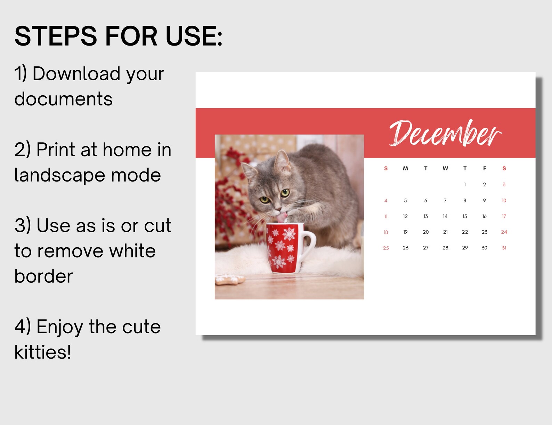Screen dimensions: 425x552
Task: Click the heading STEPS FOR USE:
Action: click(118, 36)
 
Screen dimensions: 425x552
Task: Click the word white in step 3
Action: click(132, 251)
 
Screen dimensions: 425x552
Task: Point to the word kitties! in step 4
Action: click(42, 352)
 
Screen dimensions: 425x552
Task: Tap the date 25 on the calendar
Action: click(386, 248)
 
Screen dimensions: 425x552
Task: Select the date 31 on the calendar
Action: click(504, 248)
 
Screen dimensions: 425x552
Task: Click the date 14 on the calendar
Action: click(445, 216)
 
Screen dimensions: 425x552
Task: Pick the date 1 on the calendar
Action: click(465, 185)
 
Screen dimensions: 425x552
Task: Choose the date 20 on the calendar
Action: click(425, 232)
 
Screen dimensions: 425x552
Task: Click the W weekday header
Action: click(445, 168)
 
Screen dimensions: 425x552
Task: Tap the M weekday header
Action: click(405, 168)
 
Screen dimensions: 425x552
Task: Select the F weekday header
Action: click(484, 168)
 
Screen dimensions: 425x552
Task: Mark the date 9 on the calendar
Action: click(484, 200)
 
